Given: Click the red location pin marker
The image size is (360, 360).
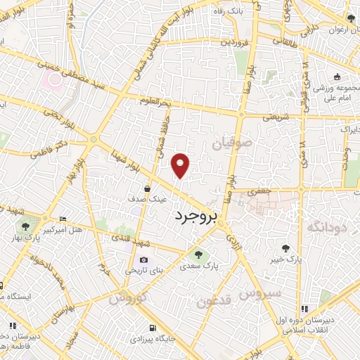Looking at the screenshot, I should [x=181, y=165].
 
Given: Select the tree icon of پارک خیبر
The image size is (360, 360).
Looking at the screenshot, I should [x=285, y=247].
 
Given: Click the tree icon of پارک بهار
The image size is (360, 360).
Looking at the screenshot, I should [x=26, y=226].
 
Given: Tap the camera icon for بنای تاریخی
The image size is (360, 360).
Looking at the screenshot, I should [x=144, y=259].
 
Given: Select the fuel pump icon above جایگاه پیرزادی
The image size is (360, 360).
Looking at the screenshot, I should [x=153, y=328].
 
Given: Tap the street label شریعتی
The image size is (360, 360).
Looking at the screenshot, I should [x=257, y=117].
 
